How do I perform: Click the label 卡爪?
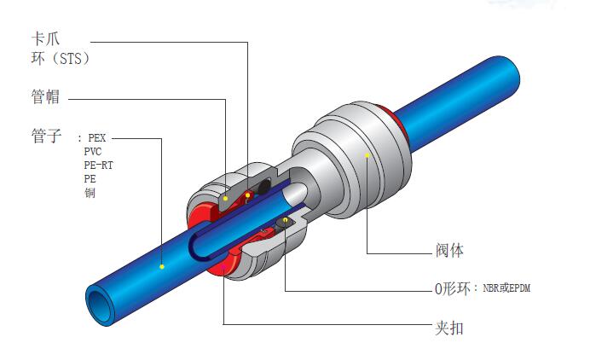45,38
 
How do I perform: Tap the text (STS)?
70,59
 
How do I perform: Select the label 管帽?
45,96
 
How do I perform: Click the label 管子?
46,136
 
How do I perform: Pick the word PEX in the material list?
97,137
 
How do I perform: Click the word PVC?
93,151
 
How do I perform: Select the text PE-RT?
98,165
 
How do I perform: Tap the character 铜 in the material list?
90,193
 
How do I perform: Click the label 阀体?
449,251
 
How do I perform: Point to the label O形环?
452,288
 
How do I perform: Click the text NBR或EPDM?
506,287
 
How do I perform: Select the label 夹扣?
449,328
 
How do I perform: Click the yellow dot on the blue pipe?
162,266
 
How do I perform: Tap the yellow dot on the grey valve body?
367,155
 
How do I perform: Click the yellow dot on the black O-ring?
285,220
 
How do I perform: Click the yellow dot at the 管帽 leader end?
225,199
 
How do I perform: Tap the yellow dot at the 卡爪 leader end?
247,195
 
